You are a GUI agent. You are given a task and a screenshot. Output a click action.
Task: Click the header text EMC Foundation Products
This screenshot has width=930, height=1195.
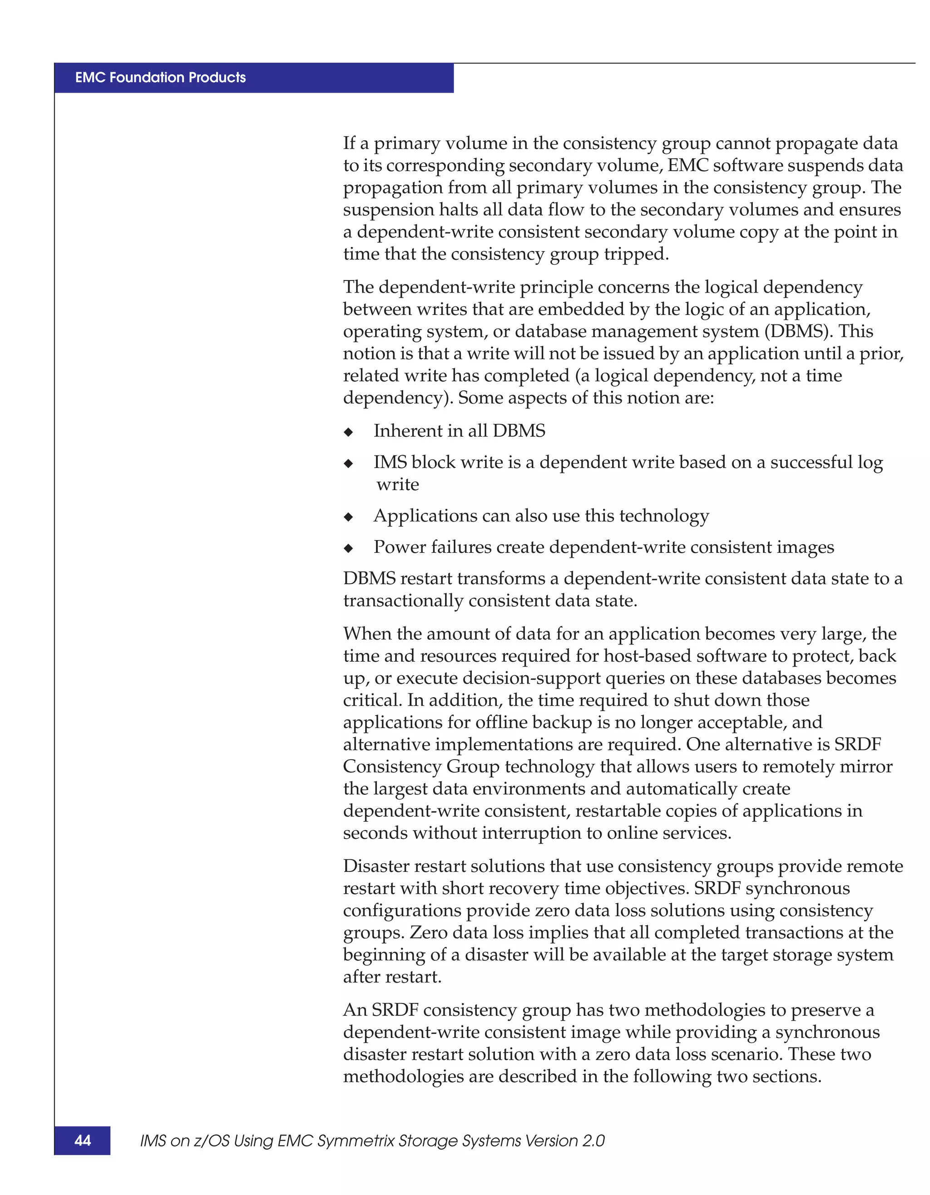(160, 77)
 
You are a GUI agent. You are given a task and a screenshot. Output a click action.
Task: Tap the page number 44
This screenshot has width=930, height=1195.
(83, 1140)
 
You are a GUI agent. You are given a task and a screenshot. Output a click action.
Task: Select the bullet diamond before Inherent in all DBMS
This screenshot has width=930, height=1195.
(349, 432)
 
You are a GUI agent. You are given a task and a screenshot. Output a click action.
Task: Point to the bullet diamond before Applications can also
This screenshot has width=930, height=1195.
(349, 517)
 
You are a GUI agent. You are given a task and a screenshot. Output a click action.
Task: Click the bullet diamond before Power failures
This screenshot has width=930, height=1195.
(349, 548)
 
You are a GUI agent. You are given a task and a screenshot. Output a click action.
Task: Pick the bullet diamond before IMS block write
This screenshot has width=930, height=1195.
(349, 463)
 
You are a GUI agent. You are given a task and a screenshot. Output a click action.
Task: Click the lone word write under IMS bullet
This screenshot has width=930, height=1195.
(397, 484)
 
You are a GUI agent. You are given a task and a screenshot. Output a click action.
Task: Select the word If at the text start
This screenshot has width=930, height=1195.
(349, 143)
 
